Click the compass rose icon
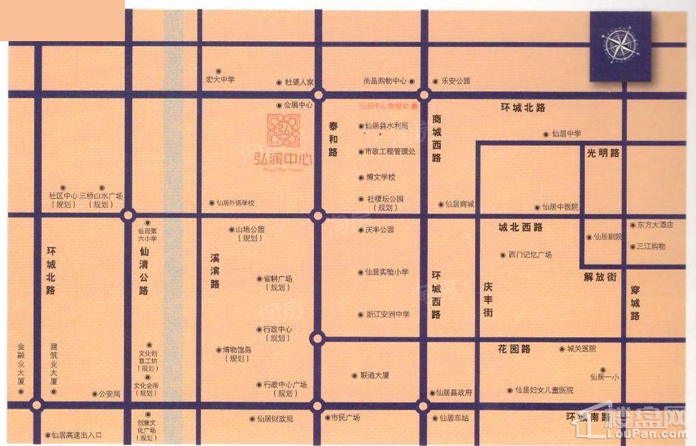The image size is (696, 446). point(620,45)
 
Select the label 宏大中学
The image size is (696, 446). point(220,79)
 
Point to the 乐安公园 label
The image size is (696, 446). point(455,81)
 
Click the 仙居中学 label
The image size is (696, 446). point(566,134)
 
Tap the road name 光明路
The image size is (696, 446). point(603,153)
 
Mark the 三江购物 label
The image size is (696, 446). point(651,245)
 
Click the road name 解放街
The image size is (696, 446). point(601,277)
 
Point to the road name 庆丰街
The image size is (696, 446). point(488,299)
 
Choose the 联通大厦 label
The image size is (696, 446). point(374,375)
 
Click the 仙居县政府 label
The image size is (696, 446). point(454,393)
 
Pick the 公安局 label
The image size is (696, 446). point(109,394)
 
